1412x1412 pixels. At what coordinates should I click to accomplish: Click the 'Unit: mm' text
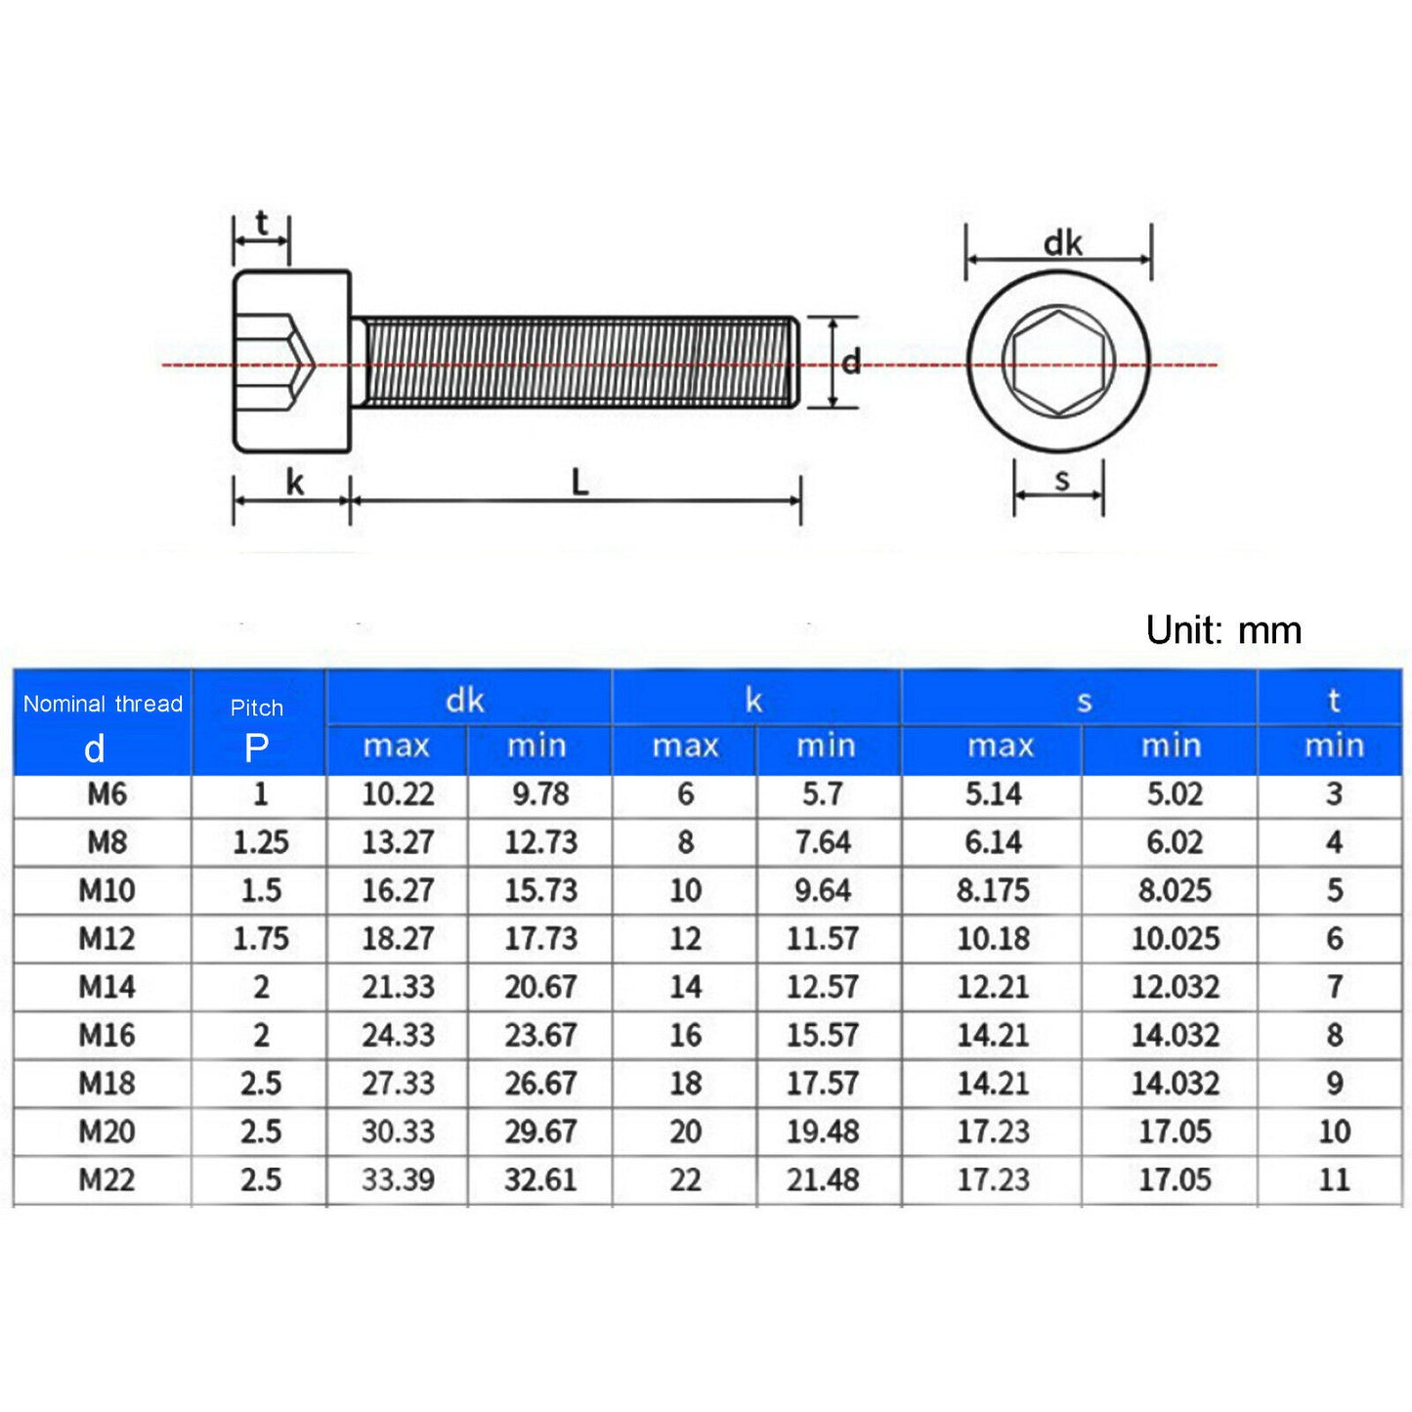pos(1223,630)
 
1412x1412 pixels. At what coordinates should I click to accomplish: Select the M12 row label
pos(107,938)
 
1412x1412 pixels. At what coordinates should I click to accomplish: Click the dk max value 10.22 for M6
pos(398,793)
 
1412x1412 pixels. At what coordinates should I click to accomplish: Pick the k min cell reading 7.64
pos(823,841)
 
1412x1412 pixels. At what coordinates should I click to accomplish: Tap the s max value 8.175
pos(993,890)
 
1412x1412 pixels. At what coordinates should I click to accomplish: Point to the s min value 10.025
pos(1176,938)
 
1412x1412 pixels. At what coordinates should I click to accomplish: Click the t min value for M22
pos(1334,1179)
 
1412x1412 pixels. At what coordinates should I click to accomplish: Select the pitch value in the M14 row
pos(261,987)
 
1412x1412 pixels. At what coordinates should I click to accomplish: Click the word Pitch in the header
pos(257,707)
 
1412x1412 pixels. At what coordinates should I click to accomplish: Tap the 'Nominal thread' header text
pos(103,704)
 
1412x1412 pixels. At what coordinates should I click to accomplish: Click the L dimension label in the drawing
pos(579,482)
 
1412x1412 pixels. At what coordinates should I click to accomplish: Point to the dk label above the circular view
pos(1062,242)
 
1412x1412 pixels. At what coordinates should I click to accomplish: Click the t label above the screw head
pos(262,224)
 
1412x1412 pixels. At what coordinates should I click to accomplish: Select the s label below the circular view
pos(1062,479)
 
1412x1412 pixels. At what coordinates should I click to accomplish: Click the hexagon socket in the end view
pos(1058,362)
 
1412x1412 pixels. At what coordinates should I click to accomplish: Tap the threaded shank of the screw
pos(577,362)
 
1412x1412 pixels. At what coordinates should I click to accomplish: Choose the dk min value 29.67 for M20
pos(540,1132)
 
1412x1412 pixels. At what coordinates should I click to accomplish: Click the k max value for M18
pos(685,1083)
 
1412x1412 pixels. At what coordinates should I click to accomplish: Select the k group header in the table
pos(753,700)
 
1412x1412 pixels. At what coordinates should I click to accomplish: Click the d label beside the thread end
pos(851,363)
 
